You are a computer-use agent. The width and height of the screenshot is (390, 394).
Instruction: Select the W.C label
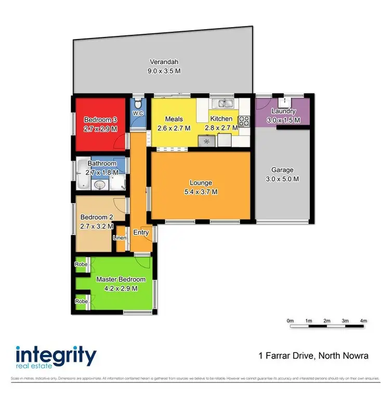tap(138, 113)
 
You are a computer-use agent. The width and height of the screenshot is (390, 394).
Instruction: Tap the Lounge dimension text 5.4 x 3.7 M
tap(200, 192)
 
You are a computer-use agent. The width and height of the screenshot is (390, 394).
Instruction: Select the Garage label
tap(282, 170)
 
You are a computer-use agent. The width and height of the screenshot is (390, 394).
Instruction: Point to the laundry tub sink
tap(286, 101)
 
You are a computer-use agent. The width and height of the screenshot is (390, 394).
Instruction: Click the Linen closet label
tap(120, 238)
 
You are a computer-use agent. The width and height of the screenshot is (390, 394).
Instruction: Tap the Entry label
tap(141, 232)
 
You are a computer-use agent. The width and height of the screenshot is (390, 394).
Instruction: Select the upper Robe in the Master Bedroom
tap(81, 264)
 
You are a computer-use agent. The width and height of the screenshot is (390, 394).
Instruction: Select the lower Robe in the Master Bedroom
tap(81, 301)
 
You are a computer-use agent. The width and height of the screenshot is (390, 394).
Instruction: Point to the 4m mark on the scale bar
tap(363, 321)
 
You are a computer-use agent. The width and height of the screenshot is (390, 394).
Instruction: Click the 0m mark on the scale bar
tap(290, 321)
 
